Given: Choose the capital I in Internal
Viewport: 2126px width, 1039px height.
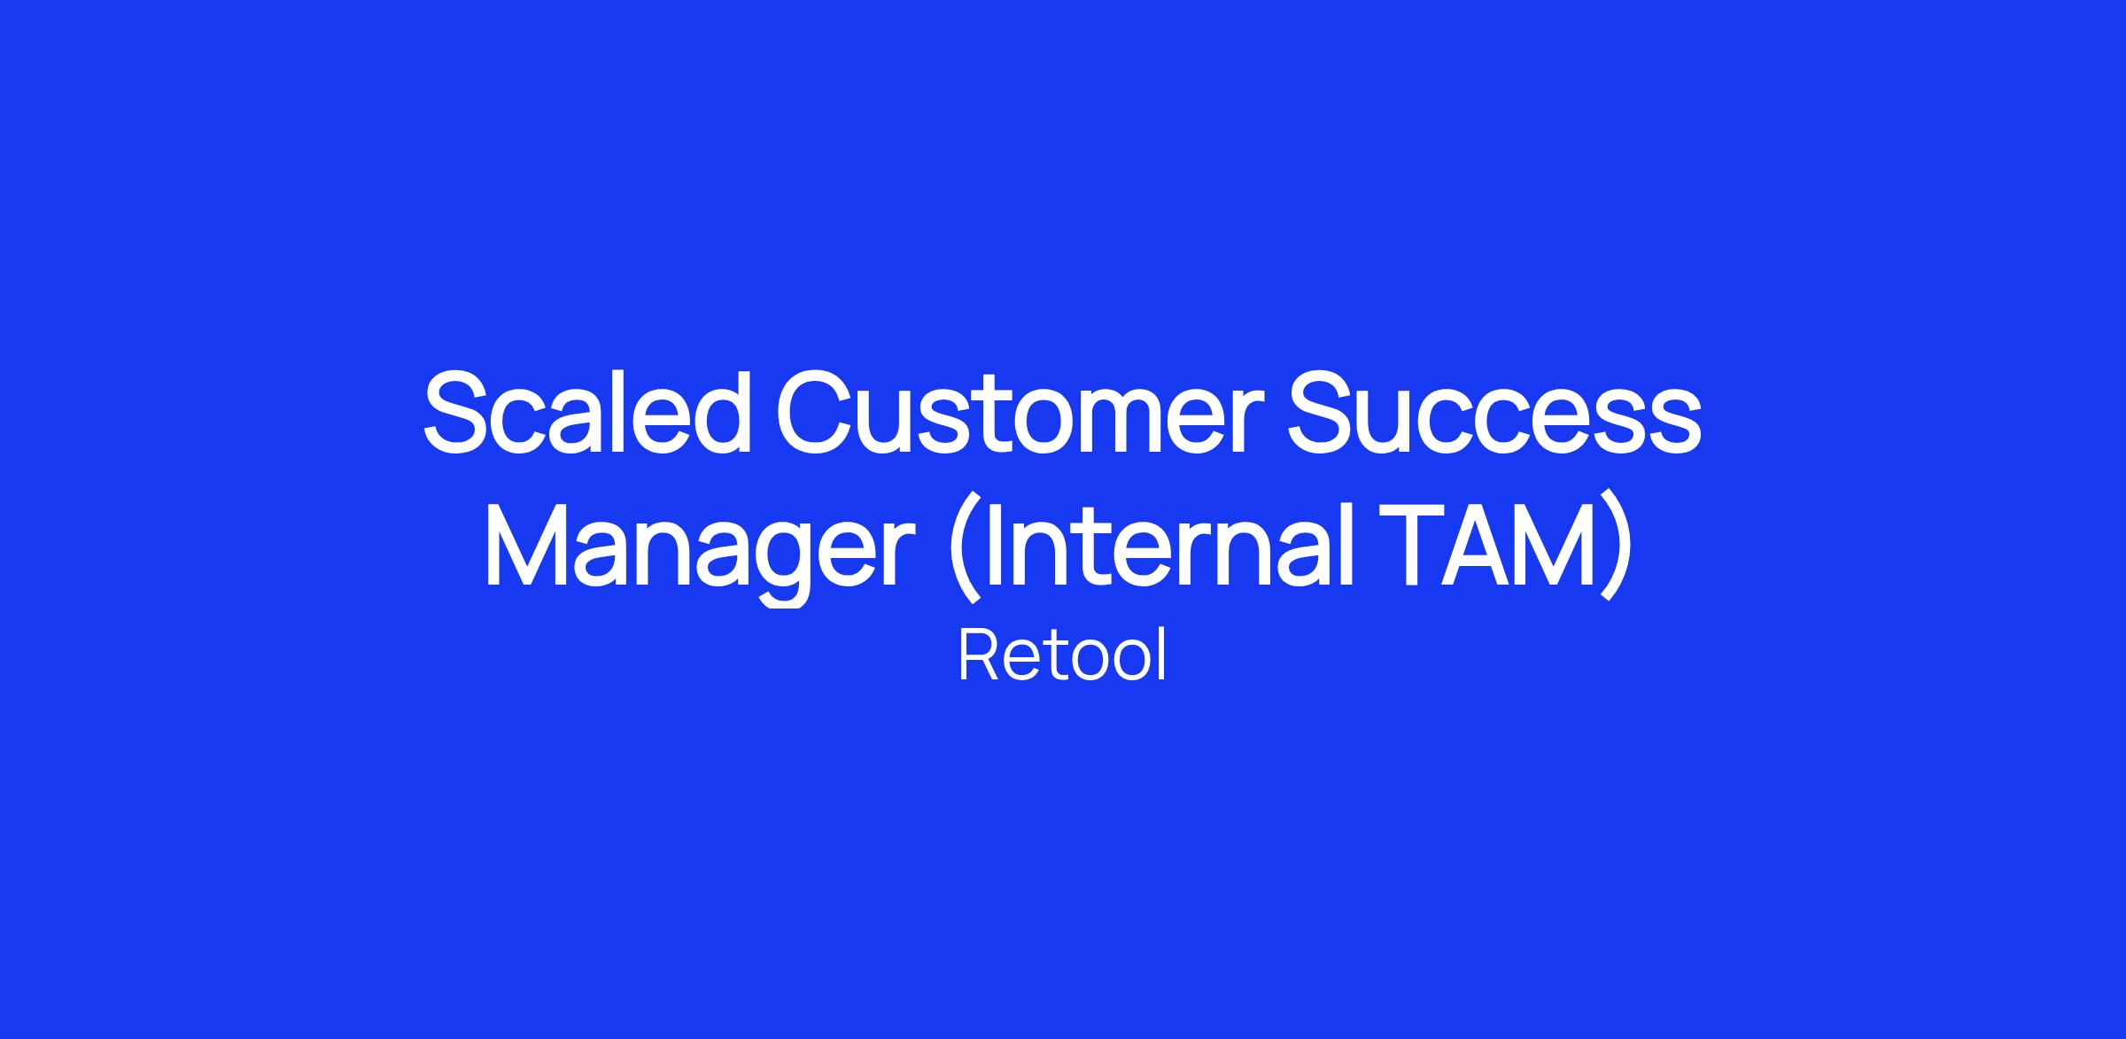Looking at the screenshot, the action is coord(993,546).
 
